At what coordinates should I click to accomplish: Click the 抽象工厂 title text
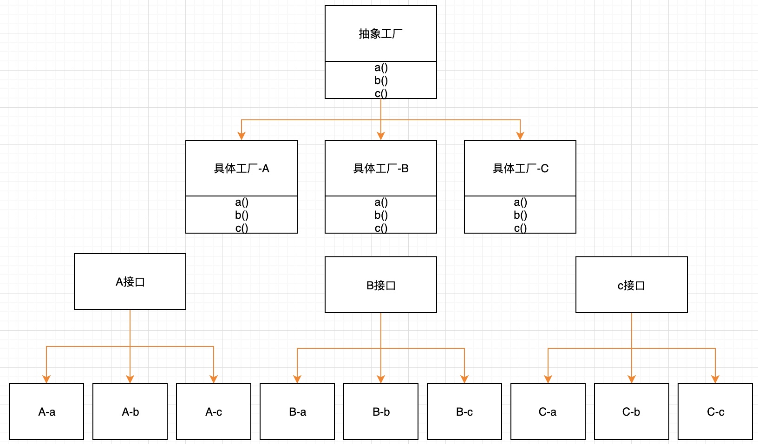click(380, 34)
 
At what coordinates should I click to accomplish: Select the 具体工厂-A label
click(242, 169)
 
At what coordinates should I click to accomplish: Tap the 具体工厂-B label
click(381, 169)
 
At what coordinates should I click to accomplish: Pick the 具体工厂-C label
click(520, 169)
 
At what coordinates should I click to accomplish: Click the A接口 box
click(130, 281)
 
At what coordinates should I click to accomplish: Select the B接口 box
click(381, 285)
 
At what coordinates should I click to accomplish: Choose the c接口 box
click(631, 285)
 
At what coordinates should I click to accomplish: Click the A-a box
click(46, 411)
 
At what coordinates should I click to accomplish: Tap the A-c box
click(214, 411)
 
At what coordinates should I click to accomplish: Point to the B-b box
click(381, 411)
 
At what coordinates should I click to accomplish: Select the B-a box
click(297, 411)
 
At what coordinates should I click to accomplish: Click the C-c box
click(715, 411)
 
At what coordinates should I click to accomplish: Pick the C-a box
click(548, 411)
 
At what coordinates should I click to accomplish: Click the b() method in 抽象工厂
click(381, 80)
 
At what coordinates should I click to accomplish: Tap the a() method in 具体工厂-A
click(242, 202)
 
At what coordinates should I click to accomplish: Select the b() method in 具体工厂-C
click(520, 215)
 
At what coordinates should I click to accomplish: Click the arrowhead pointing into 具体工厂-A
click(242, 136)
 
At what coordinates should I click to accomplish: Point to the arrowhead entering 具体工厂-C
click(520, 136)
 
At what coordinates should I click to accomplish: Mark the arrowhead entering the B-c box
click(464, 379)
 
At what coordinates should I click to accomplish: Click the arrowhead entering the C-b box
click(632, 379)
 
